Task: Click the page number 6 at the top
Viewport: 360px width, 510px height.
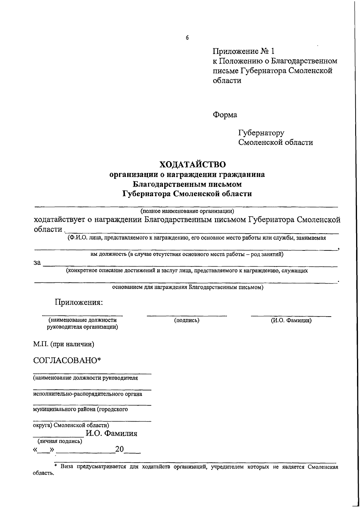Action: point(187,38)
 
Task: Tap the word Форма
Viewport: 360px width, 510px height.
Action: point(225,115)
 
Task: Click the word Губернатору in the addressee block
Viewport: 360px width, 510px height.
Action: point(261,133)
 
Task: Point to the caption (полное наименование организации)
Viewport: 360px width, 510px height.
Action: point(187,211)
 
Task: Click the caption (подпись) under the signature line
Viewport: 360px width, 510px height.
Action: point(187,321)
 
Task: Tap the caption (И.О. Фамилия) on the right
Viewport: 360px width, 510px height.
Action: point(291,321)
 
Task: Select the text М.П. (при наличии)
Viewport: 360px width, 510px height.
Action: point(64,344)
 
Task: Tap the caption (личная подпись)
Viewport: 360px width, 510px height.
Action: point(60,441)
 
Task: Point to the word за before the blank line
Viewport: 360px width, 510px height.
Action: point(37,263)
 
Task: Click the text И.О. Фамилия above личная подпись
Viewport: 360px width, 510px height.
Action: point(111,433)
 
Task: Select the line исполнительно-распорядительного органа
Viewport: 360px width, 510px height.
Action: point(87,394)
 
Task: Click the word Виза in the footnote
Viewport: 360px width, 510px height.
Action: point(68,467)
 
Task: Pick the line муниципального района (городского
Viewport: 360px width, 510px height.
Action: point(80,409)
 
